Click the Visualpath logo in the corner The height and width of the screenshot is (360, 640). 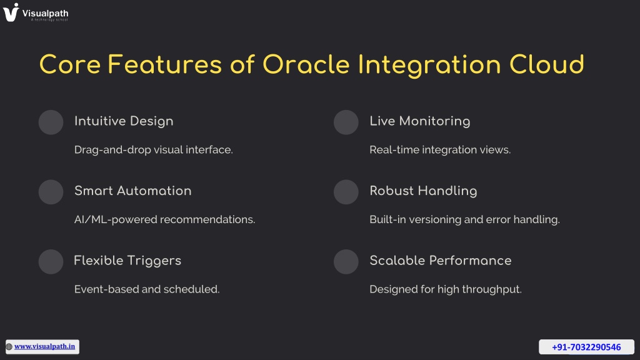click(x=36, y=12)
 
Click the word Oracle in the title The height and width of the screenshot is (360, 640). click(x=306, y=64)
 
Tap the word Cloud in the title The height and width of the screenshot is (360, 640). click(x=546, y=64)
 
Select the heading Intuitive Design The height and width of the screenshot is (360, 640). click(x=124, y=121)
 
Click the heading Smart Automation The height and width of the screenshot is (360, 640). click(x=132, y=191)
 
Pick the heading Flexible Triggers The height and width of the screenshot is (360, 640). click(x=127, y=261)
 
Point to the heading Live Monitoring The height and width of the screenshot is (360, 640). click(x=419, y=121)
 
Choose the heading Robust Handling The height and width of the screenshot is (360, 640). click(x=423, y=191)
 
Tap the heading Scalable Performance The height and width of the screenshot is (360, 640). click(x=441, y=261)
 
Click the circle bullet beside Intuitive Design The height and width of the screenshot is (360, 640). click(x=51, y=122)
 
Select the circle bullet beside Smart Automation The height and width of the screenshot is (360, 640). click(x=51, y=192)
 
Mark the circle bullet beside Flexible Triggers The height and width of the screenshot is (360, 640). click(x=51, y=262)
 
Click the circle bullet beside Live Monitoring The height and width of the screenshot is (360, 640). click(x=346, y=122)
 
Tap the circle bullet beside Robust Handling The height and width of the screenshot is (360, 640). click(x=346, y=192)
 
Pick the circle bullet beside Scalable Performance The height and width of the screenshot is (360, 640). click(x=346, y=262)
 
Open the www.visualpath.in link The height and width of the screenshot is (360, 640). click(x=44, y=346)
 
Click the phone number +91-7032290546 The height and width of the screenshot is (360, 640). click(x=586, y=347)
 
